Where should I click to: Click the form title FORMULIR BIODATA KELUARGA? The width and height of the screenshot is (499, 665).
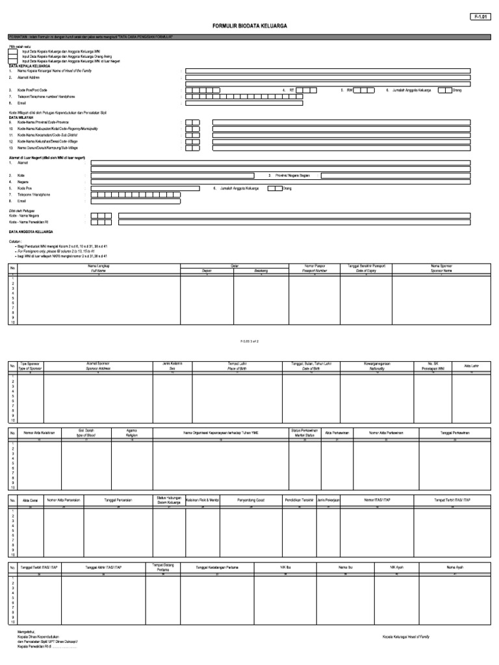click(249, 26)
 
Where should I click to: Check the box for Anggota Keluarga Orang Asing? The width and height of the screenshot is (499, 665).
click(13, 56)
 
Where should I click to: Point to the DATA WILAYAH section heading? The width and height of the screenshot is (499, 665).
click(21, 118)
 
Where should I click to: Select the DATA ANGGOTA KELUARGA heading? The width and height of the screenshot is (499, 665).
click(31, 231)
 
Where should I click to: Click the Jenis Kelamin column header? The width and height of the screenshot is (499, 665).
click(172, 365)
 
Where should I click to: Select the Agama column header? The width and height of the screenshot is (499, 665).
click(132, 433)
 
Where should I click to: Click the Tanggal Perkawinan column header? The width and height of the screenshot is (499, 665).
click(455, 433)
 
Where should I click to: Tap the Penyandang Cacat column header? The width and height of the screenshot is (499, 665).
click(250, 500)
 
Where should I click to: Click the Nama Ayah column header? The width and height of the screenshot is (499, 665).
click(455, 567)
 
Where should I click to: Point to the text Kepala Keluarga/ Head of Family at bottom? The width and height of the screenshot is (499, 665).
click(405, 636)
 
